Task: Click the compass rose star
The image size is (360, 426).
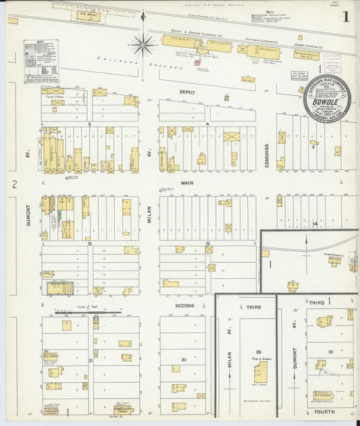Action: pyautogui.click(x=143, y=45)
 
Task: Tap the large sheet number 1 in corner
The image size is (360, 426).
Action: pyautogui.click(x=346, y=16)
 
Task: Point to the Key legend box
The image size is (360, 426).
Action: pyautogui.click(x=41, y=61)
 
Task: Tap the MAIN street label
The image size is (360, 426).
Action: pyautogui.click(x=186, y=182)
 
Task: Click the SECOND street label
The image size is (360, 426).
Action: pyautogui.click(x=185, y=305)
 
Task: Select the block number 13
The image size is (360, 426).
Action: pyautogui.click(x=208, y=243)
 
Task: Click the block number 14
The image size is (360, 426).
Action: pyautogui.click(x=315, y=223)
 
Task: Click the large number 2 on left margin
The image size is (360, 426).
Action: pyautogui.click(x=14, y=184)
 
